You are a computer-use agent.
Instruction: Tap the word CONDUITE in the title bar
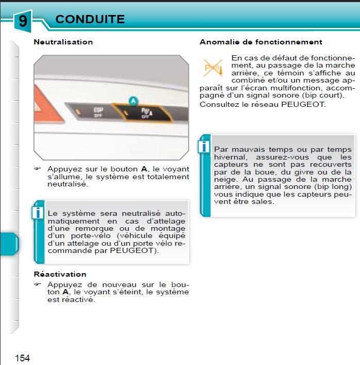pos(90,20)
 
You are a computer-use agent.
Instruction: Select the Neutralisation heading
pos(63,42)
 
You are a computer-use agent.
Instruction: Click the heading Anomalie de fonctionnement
pos(260,42)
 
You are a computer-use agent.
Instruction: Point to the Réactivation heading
pos(60,274)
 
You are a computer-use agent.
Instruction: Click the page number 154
pos(22,358)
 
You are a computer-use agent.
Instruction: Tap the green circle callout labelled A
pos(133,101)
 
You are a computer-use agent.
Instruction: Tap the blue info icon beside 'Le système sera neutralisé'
pos(37,212)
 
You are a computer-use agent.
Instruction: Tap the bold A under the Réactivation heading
pos(65,292)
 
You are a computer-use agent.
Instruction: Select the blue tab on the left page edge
pos(9,243)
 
